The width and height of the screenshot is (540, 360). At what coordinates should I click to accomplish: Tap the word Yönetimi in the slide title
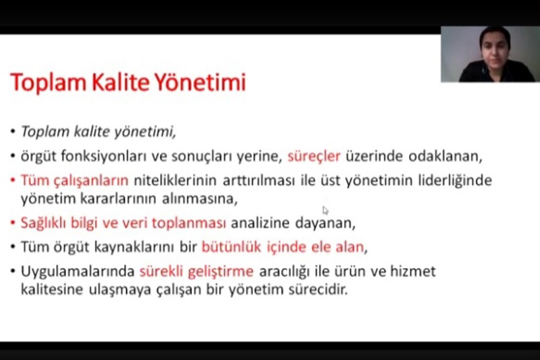click(200, 82)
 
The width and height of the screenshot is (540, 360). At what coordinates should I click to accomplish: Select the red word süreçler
click(314, 157)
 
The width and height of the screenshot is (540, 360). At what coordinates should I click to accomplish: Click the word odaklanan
click(445, 156)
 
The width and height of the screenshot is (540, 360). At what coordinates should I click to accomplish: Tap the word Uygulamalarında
click(78, 272)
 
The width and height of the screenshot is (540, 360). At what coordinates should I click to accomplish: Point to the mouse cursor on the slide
click(325, 210)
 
